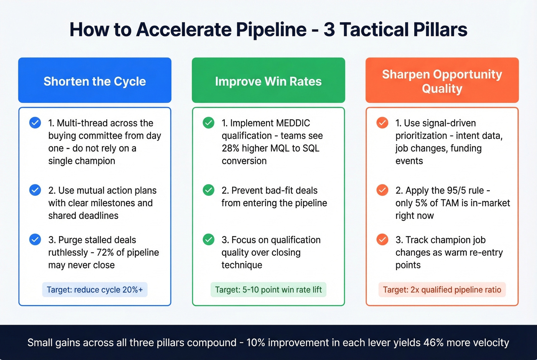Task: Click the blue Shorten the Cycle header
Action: point(95,81)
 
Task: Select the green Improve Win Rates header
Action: point(268,81)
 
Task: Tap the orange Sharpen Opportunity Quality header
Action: point(442,81)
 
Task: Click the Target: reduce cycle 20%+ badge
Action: point(95,290)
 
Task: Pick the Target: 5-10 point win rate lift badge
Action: point(268,290)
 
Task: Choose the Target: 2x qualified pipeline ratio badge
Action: point(442,290)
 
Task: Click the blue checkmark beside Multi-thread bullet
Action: point(35,123)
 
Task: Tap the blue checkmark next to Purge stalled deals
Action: point(35,240)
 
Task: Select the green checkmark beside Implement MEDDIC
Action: point(209,123)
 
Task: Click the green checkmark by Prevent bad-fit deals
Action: point(209,190)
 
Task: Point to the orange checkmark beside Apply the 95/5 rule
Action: point(382,190)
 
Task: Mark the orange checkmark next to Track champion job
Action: point(382,240)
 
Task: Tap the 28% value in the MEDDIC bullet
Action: point(231,148)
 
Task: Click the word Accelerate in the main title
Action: point(183,30)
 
